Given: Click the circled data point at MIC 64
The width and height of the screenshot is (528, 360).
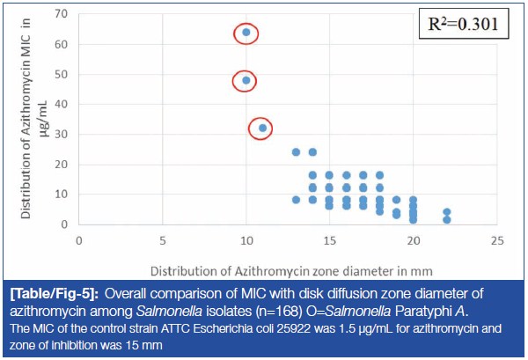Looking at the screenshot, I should tap(246, 33).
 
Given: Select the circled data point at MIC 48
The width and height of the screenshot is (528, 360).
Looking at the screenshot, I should tap(246, 80).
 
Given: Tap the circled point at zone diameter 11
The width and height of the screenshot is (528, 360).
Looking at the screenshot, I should tap(262, 128).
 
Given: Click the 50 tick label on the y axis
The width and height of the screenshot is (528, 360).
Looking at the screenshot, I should tap(61, 75).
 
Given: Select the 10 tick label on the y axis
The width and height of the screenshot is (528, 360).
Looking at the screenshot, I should tap(61, 194).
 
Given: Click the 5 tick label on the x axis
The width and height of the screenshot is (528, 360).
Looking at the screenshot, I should tap(163, 239).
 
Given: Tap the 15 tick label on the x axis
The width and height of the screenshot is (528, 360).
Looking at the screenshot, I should tap(329, 239).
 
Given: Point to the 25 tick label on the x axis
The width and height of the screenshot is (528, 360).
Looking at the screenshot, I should tap(496, 239).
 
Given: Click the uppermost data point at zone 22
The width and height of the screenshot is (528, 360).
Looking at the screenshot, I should tap(447, 212).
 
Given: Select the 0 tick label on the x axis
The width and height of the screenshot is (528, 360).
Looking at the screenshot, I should tap(79, 239).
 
